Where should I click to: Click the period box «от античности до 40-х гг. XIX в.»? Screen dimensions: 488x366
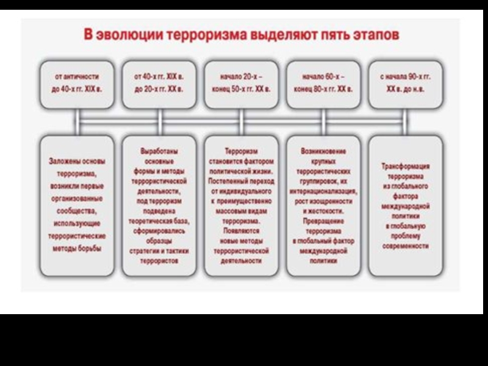click(x=77, y=83)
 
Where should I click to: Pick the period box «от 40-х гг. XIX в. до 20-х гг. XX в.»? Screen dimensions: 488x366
click(x=159, y=83)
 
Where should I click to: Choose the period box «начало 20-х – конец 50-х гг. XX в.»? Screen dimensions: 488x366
click(x=241, y=83)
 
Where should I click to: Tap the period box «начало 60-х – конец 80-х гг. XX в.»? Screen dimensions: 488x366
click(x=323, y=83)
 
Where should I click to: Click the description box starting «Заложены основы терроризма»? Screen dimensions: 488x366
click(x=77, y=205)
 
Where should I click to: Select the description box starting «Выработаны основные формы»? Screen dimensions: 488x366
click(x=159, y=205)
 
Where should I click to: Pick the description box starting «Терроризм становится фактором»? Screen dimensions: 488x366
click(x=241, y=205)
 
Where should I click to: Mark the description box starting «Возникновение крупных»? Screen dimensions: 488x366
click(x=323, y=205)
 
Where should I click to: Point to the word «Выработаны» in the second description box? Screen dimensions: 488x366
click(x=159, y=149)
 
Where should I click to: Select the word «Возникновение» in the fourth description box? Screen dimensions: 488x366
click(x=323, y=150)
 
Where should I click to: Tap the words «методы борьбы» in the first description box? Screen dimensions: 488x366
click(x=77, y=249)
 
